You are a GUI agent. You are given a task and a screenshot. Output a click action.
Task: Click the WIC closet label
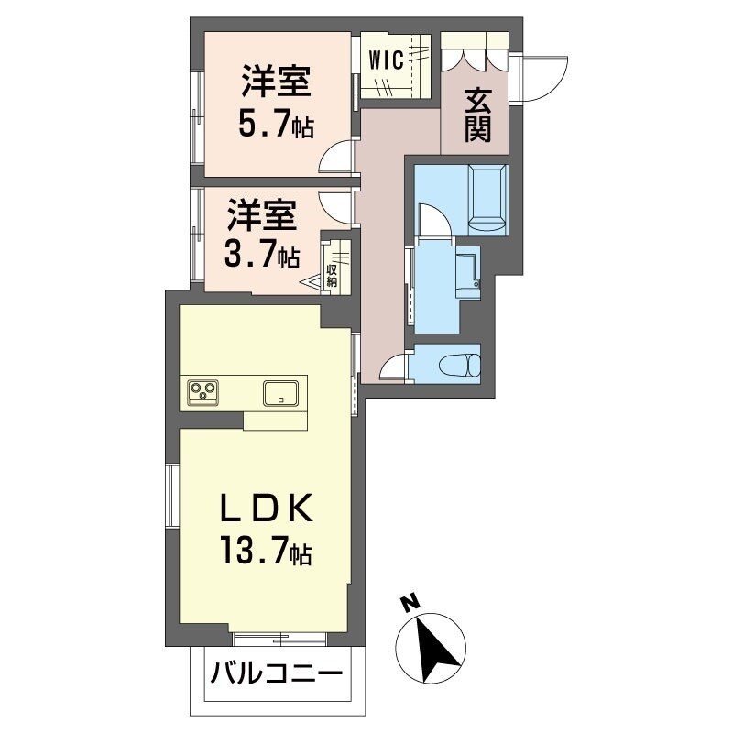386,60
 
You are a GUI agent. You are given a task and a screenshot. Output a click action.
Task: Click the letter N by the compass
410,604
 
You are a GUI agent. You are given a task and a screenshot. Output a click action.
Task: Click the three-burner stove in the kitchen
203,392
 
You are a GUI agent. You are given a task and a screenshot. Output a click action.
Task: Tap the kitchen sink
281,392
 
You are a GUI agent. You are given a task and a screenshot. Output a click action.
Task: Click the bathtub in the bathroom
487,196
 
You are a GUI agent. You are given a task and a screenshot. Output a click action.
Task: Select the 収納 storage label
331,276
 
